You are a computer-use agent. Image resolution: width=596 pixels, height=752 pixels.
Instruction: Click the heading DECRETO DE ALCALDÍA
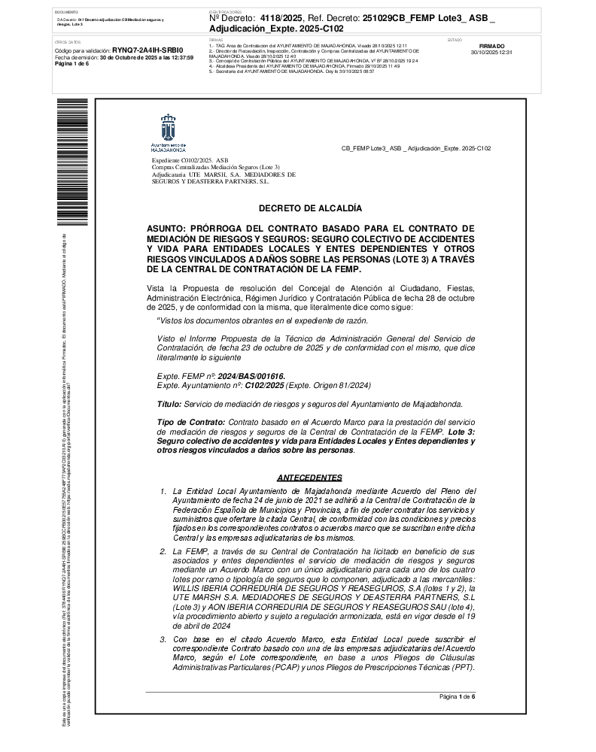click(310, 208)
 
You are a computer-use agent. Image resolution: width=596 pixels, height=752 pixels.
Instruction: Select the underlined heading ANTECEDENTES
click(310, 478)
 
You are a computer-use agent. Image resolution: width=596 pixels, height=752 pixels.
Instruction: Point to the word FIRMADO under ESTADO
click(491, 47)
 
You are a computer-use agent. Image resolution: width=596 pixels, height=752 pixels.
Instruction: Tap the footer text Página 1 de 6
click(458, 697)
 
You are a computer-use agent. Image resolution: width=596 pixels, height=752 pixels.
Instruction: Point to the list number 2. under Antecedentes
click(163, 551)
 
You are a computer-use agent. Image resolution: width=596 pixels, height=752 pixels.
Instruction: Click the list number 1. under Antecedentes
click(163, 491)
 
